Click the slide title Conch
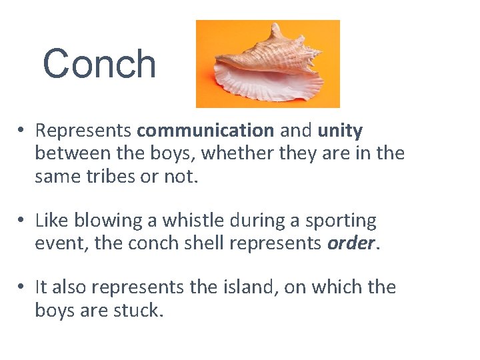[x=99, y=64]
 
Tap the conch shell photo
[x=267, y=64]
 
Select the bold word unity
[x=340, y=130]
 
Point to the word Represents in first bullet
[x=84, y=130]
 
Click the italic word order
[x=351, y=243]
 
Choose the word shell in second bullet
[x=200, y=243]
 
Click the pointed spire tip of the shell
[x=276, y=25]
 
